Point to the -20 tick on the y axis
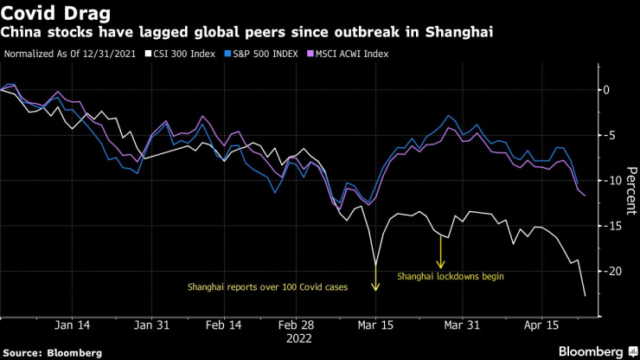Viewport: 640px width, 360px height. point(615,270)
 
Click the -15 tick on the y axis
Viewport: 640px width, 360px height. point(615,225)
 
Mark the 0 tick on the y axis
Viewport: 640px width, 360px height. point(611,90)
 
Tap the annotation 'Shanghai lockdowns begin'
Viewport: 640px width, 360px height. point(450,277)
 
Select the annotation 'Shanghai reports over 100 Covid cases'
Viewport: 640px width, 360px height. point(268,286)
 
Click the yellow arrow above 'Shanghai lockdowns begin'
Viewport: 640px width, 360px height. point(441,254)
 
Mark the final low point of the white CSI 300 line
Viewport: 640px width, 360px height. point(586,296)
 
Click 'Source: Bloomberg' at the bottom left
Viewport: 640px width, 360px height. point(52,352)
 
